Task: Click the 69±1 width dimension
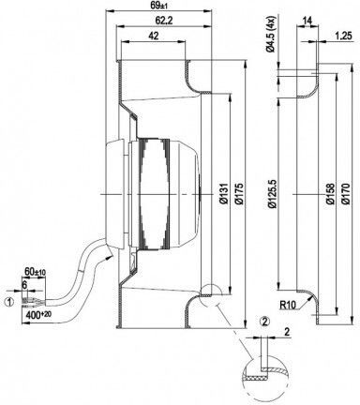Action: pos(158,7)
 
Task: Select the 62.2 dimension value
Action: pos(164,21)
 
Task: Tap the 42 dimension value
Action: pos(153,36)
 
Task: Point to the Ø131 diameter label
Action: pos(223,194)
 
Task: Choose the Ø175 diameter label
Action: pos(239,194)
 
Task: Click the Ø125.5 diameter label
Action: pos(272,194)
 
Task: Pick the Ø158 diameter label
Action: pos(330,194)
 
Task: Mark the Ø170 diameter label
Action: pos(346,194)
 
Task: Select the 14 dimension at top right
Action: pos(307,21)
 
